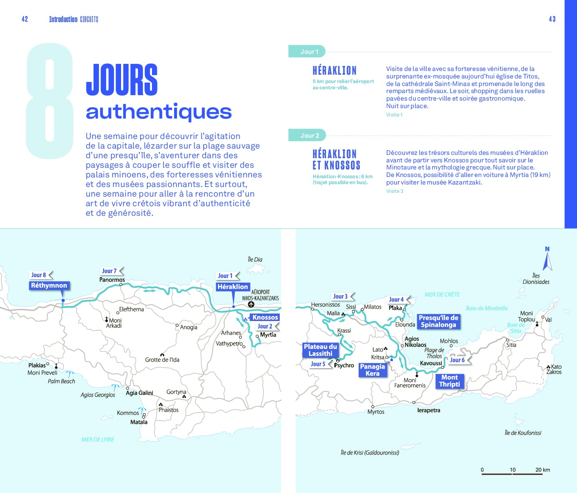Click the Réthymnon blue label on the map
tap(49, 286)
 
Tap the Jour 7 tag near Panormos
tap(110, 271)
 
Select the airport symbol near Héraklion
tap(251, 304)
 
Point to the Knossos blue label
tap(265, 317)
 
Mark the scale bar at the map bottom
tap(512, 473)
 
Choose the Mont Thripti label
tap(450, 381)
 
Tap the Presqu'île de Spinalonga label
tap(438, 321)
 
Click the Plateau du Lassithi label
tap(320, 350)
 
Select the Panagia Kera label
tap(372, 370)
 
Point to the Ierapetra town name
tap(428, 410)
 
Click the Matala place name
tap(139, 422)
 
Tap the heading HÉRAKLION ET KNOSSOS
tap(336, 159)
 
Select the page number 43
tap(552, 19)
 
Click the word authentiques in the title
tap(159, 112)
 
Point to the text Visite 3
tap(395, 191)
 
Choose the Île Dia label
tap(255, 260)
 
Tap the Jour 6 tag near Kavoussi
tap(458, 360)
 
